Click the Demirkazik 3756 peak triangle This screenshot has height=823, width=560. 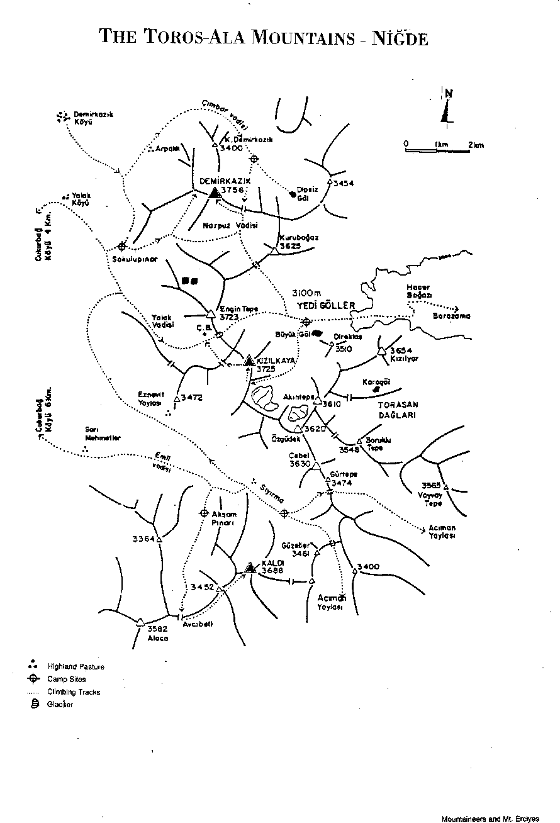215,193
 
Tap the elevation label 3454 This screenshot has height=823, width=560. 344,183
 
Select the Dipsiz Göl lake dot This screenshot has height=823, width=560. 293,194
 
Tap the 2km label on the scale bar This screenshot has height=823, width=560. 476,145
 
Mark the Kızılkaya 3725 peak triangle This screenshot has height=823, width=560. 249,360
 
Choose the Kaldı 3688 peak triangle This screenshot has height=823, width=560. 250,568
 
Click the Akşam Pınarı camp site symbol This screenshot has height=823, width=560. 204,513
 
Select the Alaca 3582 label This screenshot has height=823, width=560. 158,633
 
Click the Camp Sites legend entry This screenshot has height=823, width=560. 67,679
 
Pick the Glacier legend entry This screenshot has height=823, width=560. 60,704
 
